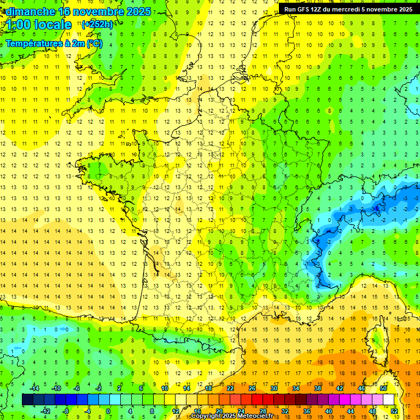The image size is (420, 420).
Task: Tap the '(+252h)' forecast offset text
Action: tap(97, 25)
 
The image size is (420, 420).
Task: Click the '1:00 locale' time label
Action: tap(39, 25)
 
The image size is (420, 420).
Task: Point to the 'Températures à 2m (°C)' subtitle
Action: tap(54, 43)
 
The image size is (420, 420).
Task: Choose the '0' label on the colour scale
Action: tap(108, 411)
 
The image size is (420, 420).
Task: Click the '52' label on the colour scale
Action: tap(394, 411)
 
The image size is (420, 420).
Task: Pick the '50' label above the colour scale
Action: tap(383, 388)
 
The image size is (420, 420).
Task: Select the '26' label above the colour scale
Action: tap(252, 388)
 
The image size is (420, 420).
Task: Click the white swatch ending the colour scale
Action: tap(388, 400)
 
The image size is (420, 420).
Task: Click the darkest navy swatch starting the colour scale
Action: tap(27, 400)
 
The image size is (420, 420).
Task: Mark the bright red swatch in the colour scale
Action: tap(257, 400)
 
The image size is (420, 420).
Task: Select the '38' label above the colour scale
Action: tap(318, 388)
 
